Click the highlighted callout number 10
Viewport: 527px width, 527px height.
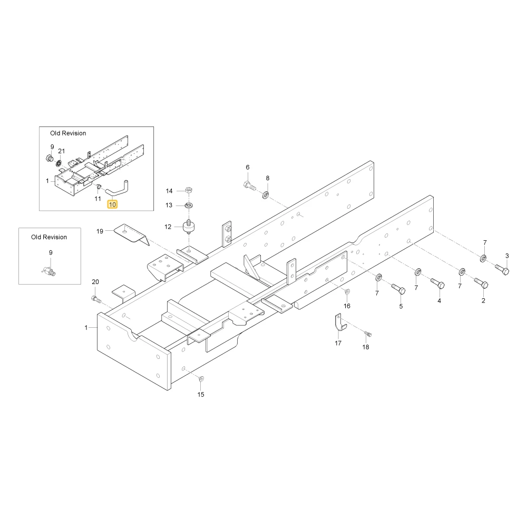coord(112,204)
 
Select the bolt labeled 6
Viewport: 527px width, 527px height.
coord(249,185)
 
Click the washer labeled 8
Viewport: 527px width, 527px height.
coord(266,194)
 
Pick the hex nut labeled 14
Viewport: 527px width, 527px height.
coord(189,190)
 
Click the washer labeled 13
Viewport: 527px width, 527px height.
coord(189,205)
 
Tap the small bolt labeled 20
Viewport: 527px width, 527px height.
coord(96,299)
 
